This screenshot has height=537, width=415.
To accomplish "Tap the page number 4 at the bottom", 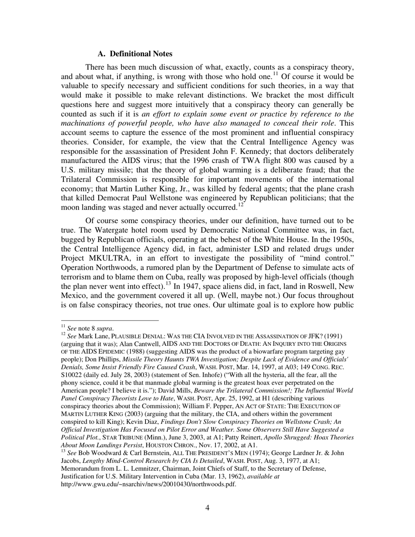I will coord(207,507).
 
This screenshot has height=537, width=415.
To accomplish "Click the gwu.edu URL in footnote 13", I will coord(148,484).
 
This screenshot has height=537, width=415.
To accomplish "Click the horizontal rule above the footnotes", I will coord(110,320).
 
